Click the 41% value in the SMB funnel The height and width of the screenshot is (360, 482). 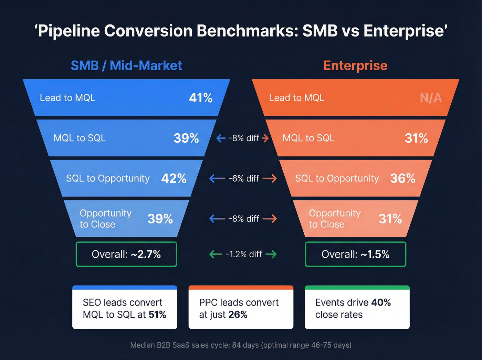[201, 98]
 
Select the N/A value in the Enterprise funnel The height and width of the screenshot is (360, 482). [431, 98]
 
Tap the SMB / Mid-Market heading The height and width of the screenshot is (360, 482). [126, 65]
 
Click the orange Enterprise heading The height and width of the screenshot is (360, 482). [355, 65]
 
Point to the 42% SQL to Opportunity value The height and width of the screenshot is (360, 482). [174, 178]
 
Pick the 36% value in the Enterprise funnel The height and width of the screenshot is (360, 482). [402, 178]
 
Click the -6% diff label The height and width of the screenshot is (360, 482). [244, 178]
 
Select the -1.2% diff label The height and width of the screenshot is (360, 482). [244, 254]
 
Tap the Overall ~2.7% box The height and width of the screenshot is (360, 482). [126, 254]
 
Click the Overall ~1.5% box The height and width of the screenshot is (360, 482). [355, 254]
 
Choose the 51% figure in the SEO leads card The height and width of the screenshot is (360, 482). [157, 315]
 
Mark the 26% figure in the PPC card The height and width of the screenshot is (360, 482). [238, 315]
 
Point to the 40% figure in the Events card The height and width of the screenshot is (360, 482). [381, 302]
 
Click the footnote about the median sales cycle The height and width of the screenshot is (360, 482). [241, 345]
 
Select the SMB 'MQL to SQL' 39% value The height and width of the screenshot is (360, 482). [186, 138]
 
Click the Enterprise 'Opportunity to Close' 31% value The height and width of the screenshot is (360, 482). [390, 219]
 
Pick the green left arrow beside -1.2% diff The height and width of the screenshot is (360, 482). [216, 254]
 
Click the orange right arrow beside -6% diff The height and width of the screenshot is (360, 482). [270, 178]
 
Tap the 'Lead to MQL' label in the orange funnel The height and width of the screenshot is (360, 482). [296, 98]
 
